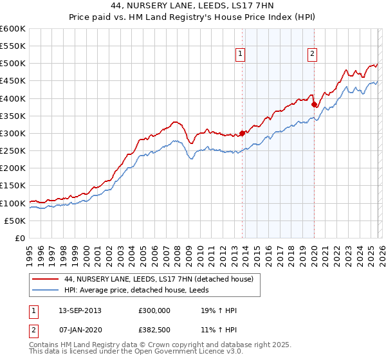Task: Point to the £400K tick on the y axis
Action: [x=13, y=98]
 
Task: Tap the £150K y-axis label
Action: [x=13, y=186]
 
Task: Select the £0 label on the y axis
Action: [x=19, y=238]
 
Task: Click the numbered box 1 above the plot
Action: [x=240, y=55]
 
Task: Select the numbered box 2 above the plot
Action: [x=312, y=55]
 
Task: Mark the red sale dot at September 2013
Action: [x=243, y=134]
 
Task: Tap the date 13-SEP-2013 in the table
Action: [x=78, y=311]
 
